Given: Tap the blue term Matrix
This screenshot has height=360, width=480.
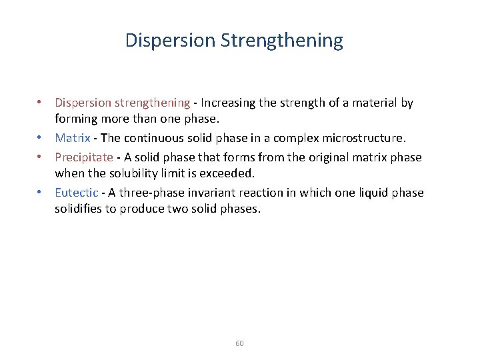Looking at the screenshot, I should point(72,139).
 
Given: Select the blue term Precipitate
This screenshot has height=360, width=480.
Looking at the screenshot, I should point(83,157).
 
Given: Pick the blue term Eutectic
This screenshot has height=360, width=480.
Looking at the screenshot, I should point(77,193).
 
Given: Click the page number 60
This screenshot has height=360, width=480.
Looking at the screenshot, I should point(240,343).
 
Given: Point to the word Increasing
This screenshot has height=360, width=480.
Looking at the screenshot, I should point(227,103).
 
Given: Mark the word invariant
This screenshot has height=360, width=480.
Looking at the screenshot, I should point(209,193).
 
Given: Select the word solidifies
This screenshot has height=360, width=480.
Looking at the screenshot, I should point(79,209).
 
